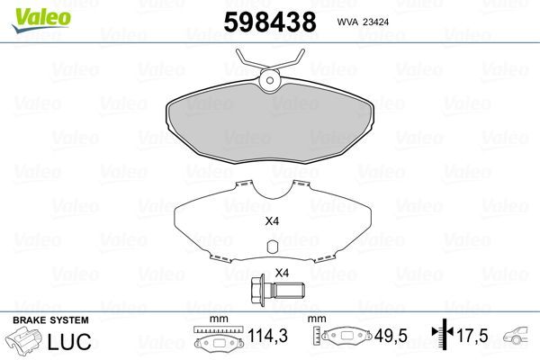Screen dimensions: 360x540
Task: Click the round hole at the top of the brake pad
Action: (270, 82)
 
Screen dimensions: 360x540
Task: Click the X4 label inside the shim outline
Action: (271, 222)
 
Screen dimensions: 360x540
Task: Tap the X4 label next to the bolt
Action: (281, 274)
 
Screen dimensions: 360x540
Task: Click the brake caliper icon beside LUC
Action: (26, 342)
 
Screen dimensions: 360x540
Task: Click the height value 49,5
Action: (391, 338)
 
